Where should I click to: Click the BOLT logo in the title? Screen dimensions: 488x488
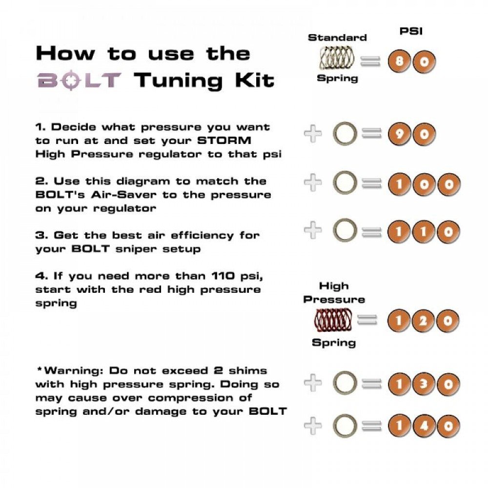tap(79, 80)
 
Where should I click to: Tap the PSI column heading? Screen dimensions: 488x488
tap(411, 31)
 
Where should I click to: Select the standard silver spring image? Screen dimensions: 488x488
tap(337, 58)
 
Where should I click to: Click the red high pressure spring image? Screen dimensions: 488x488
tap(333, 320)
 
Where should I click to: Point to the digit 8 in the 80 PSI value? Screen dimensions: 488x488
tap(399, 61)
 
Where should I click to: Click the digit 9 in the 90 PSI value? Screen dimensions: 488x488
tap(400, 134)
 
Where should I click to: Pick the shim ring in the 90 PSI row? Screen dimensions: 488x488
tap(345, 134)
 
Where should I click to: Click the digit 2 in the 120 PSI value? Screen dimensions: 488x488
tap(423, 321)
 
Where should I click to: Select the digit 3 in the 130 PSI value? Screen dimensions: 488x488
tap(424, 384)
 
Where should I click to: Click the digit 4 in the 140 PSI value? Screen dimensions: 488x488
tap(424, 426)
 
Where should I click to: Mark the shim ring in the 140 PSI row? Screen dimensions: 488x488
tap(345, 426)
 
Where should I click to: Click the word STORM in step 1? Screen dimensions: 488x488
tap(224, 141)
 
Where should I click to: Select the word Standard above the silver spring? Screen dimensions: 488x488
tap(337, 38)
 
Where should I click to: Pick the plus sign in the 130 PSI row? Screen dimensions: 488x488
tap(313, 382)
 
